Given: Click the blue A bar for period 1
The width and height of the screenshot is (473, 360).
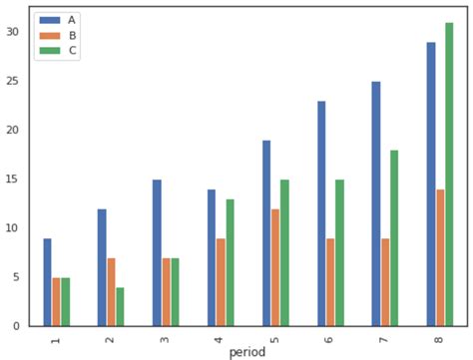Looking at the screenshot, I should [x=47, y=282].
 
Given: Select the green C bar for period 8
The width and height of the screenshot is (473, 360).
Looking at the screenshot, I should [x=449, y=175].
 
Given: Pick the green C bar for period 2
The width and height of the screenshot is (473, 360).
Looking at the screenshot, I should [x=120, y=306].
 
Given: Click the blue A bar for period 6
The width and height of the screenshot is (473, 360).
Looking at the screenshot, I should [x=321, y=213].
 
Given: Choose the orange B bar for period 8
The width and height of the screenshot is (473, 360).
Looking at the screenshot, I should [x=440, y=257].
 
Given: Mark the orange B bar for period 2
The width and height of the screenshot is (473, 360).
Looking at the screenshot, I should [x=111, y=292].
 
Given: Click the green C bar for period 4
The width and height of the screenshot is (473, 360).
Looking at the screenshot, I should [x=230, y=262].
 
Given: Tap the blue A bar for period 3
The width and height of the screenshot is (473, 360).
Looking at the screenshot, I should [x=157, y=252].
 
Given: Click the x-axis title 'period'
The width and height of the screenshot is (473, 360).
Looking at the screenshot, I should [x=247, y=352].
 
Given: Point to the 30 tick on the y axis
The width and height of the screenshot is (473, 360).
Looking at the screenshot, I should [x=13, y=32].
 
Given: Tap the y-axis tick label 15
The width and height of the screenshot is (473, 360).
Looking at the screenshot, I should [x=13, y=180].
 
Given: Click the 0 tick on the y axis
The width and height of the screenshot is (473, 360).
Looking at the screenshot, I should [x=17, y=326].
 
